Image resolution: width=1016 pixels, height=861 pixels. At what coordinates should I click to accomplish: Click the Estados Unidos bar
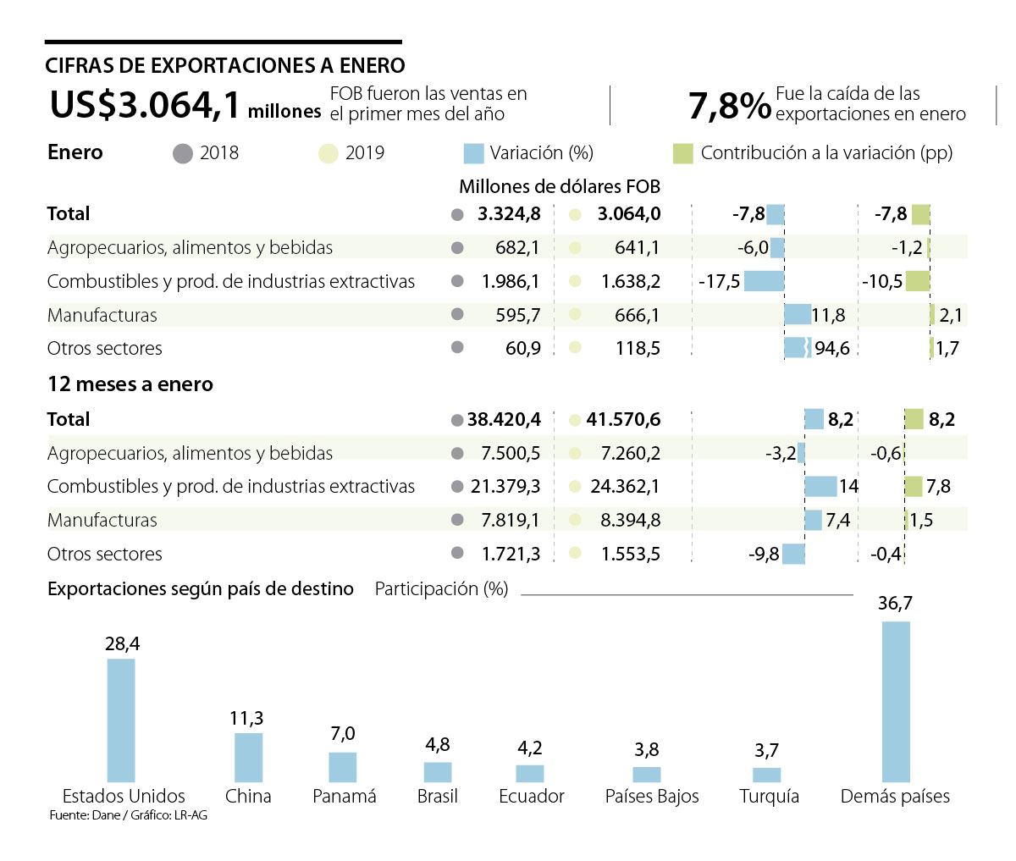(x=121, y=720)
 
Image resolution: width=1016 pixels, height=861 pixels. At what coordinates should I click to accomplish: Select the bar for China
(x=248, y=757)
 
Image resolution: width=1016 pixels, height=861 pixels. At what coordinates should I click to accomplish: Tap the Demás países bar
(x=896, y=701)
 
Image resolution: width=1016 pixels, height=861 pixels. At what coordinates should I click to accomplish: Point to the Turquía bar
(x=766, y=775)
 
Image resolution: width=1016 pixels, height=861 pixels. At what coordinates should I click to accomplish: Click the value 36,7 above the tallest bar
(x=895, y=604)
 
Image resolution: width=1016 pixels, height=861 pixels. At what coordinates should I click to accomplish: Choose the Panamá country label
(x=344, y=797)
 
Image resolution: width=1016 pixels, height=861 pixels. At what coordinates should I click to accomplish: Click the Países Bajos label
(x=652, y=797)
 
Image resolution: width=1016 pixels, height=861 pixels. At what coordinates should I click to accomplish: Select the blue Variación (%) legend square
(x=473, y=153)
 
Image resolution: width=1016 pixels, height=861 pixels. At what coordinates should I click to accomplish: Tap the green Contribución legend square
(x=682, y=153)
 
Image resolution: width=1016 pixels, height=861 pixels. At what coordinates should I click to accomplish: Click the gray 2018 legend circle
(x=182, y=153)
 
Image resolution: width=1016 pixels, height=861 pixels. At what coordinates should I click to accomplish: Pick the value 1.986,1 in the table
(x=511, y=281)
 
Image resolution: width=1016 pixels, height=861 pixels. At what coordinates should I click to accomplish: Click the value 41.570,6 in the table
(x=623, y=419)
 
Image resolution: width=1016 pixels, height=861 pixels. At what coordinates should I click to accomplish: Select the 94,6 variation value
(x=831, y=349)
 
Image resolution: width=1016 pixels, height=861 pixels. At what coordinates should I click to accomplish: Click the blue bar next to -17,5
(x=764, y=281)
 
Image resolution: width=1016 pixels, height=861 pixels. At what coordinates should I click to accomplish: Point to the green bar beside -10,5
(x=918, y=281)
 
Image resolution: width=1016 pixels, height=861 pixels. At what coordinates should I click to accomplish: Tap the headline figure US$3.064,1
(x=145, y=106)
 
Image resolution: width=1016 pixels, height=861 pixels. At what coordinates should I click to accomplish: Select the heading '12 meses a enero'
(x=130, y=384)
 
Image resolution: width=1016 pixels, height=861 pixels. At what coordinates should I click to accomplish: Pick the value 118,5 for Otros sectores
(x=638, y=349)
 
